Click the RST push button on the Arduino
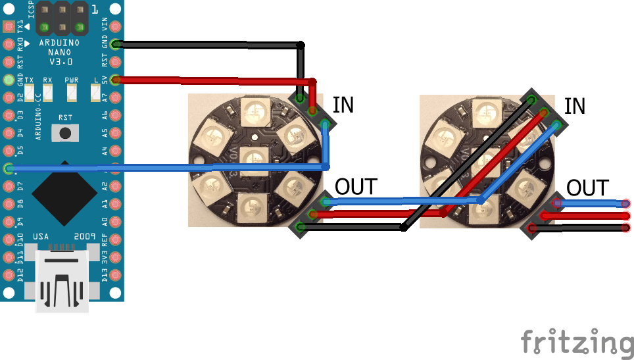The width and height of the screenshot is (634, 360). (x=64, y=134)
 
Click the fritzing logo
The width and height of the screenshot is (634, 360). (x=577, y=343)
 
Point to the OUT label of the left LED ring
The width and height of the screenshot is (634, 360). (x=356, y=187)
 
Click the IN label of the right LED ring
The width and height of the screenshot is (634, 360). (x=575, y=106)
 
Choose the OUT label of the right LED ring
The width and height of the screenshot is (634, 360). (x=587, y=188)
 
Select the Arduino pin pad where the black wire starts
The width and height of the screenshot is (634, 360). (x=116, y=45)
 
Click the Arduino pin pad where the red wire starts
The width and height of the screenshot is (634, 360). (x=116, y=80)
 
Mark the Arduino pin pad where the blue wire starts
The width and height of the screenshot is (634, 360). (x=9, y=168)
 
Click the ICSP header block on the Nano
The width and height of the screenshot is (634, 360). (x=62, y=18)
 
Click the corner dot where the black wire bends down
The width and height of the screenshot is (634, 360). (x=301, y=45)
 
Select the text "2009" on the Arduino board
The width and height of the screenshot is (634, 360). (x=84, y=236)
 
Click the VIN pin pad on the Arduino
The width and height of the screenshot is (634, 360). (x=116, y=27)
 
